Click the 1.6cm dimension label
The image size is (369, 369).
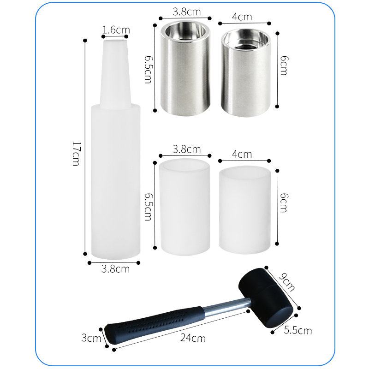click(116, 30)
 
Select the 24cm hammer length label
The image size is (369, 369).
click(193, 338)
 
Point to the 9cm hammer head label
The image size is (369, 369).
click(286, 282)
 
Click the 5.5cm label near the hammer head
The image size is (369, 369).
click(298, 330)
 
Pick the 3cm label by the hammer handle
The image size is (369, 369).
click(91, 338)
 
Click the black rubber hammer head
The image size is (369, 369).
click(266, 298)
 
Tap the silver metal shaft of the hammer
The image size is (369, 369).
click(227, 307)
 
